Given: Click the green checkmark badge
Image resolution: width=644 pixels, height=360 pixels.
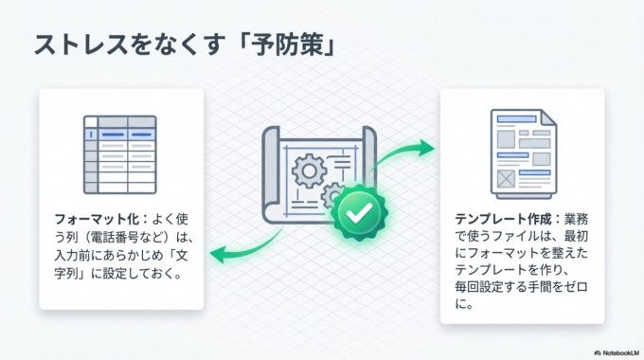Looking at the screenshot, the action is [357, 215].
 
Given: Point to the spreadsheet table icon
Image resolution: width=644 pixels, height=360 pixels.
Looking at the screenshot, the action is [120, 155].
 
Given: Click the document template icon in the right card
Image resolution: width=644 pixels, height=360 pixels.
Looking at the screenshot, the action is [523, 150].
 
